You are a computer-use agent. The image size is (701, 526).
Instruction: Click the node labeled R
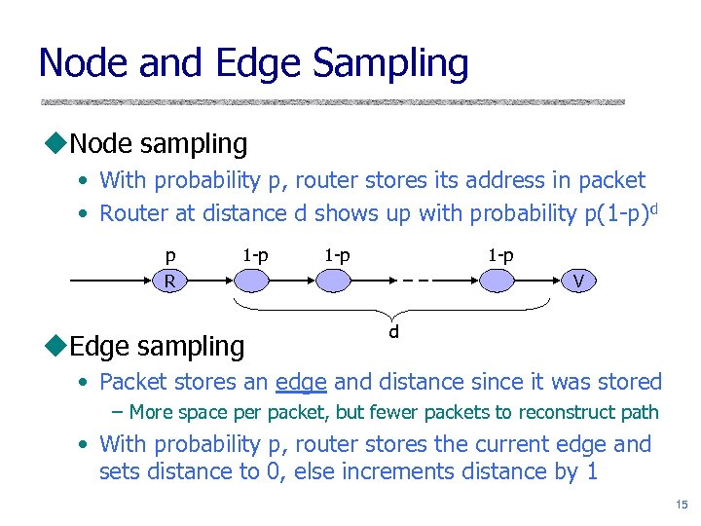point(170,282)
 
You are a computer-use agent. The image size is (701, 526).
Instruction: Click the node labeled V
point(578,282)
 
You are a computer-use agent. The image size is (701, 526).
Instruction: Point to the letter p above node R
point(170,256)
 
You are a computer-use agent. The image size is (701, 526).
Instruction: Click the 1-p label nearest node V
point(500,255)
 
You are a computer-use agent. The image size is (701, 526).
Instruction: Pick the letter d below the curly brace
point(394,332)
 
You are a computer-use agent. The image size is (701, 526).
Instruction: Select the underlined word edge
point(300,382)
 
